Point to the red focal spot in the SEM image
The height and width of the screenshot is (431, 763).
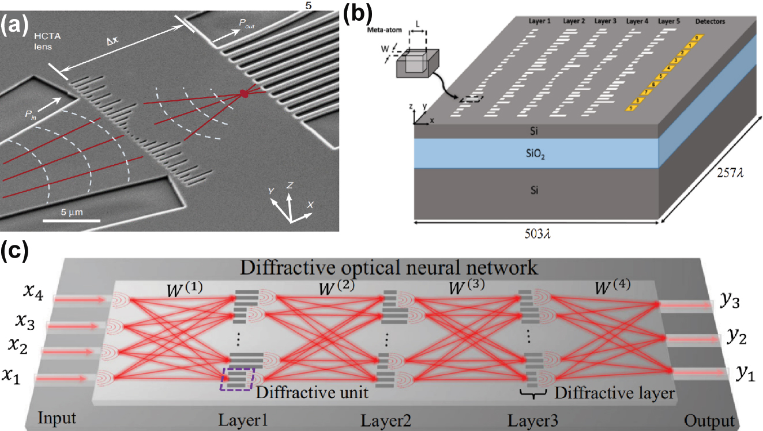pyautogui.click(x=244, y=93)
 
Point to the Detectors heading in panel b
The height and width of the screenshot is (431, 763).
pyautogui.click(x=710, y=22)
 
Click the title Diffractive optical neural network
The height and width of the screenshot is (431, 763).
pyautogui.click(x=390, y=267)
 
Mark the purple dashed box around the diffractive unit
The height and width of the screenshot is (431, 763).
pyautogui.click(x=236, y=379)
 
